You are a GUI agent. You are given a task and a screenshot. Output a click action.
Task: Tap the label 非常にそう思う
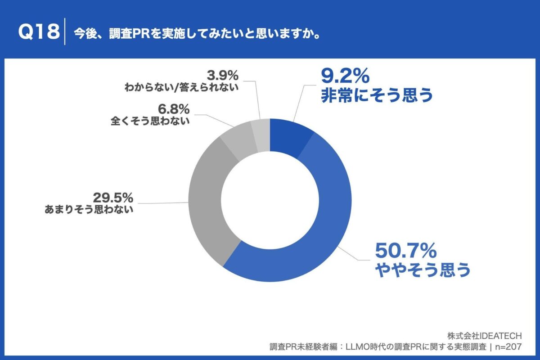[377, 96]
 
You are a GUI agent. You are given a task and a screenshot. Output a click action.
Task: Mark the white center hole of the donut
[270, 201]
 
